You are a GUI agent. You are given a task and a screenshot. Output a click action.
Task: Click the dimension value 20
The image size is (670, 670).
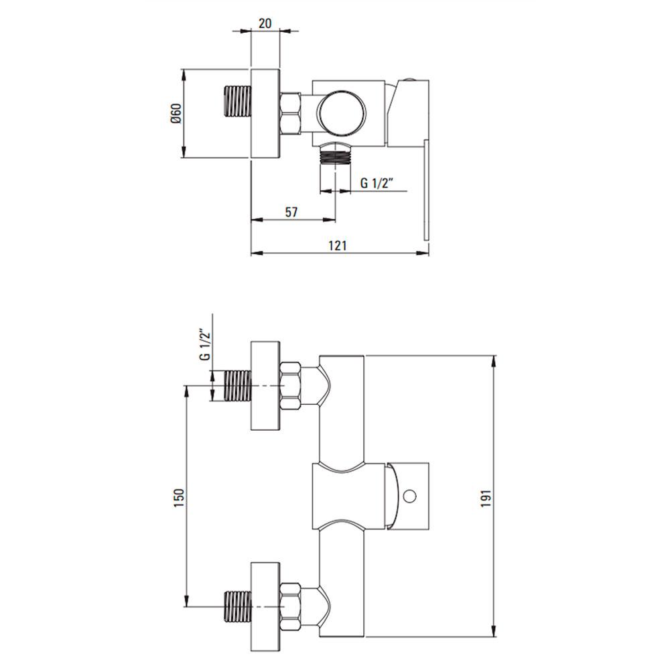pyautogui.click(x=265, y=23)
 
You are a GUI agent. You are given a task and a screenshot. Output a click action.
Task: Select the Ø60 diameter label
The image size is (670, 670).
pyautogui.click(x=176, y=114)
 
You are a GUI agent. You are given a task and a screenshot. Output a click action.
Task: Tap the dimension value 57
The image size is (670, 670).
pyautogui.click(x=291, y=212)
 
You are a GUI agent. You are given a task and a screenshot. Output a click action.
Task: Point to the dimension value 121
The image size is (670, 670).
pyautogui.click(x=337, y=245)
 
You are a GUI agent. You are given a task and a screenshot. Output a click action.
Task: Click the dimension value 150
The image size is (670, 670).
pyautogui.click(x=179, y=498)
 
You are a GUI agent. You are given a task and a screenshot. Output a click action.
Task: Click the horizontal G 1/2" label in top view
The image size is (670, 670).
pyautogui.click(x=377, y=183)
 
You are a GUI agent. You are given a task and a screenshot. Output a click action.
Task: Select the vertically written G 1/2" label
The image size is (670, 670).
pyautogui.click(x=206, y=344)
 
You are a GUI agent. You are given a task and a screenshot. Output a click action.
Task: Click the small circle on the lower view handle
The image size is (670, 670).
pyautogui.click(x=409, y=496)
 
